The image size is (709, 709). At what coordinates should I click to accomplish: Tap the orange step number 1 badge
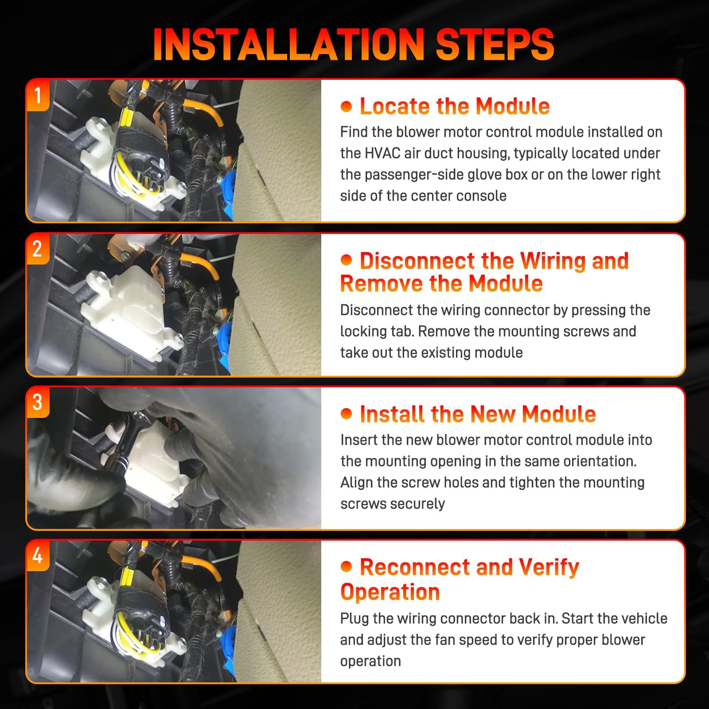click(38, 95)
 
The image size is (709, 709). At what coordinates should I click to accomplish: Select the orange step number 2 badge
click(38, 249)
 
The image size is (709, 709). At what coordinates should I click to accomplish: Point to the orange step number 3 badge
click(38, 402)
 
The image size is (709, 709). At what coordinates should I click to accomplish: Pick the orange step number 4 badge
click(38, 556)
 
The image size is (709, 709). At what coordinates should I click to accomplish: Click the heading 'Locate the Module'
click(455, 106)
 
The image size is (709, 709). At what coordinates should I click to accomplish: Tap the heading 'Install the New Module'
click(478, 414)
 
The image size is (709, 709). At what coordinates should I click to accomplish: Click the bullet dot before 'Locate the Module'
click(346, 106)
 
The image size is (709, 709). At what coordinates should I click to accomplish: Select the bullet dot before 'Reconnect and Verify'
click(346, 567)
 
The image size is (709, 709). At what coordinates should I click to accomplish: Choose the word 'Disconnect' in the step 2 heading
click(416, 261)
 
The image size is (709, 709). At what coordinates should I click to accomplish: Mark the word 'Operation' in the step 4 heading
click(390, 592)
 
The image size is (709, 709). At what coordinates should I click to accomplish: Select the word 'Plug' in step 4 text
click(354, 619)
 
